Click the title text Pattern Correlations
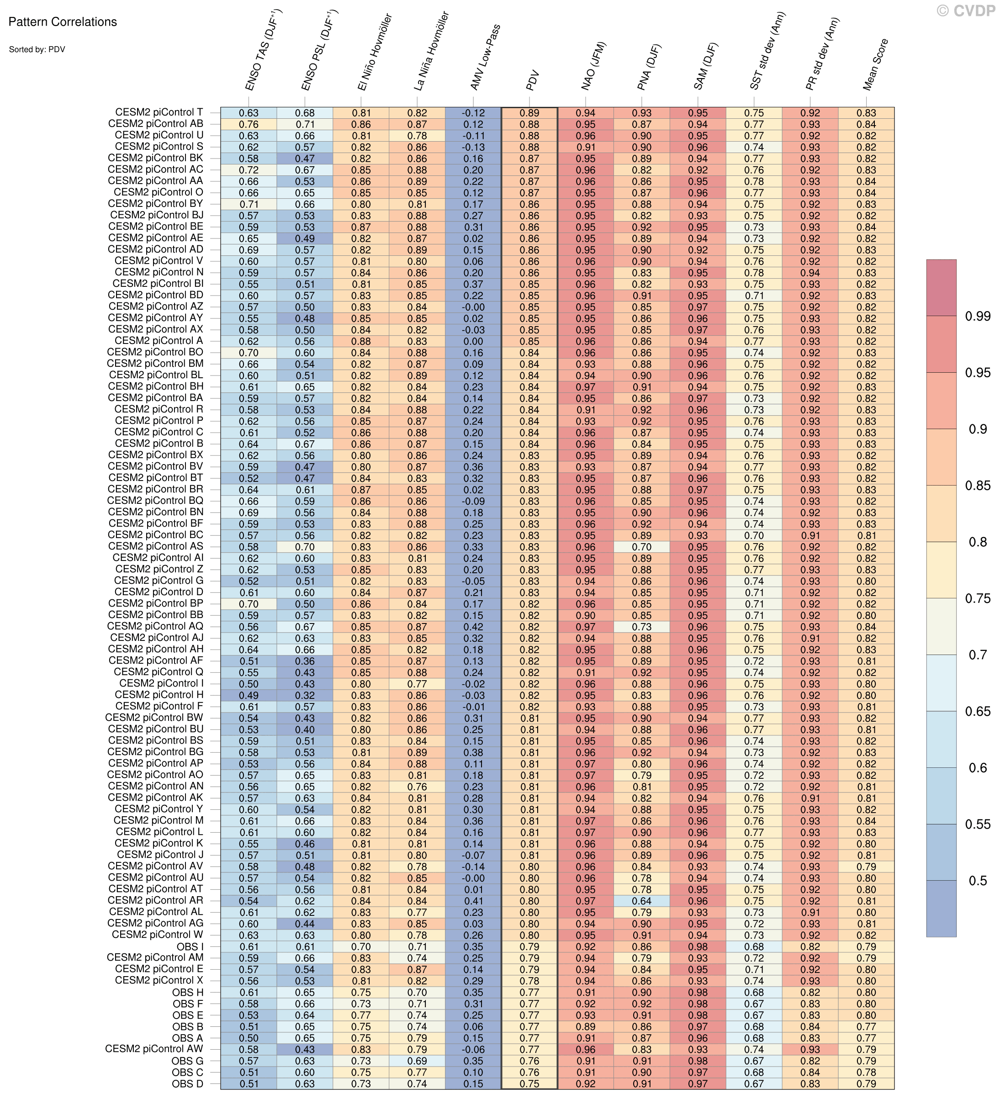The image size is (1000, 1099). click(x=63, y=22)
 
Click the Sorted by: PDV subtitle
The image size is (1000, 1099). click(x=37, y=50)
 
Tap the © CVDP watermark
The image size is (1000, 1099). click(x=966, y=11)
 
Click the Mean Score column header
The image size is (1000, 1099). click(x=876, y=64)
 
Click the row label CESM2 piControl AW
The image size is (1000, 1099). click(x=154, y=1049)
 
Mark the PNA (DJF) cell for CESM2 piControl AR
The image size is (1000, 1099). click(x=642, y=901)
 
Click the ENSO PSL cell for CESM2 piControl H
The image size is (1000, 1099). click(x=305, y=695)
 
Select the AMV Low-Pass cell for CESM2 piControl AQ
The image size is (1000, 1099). click(x=473, y=627)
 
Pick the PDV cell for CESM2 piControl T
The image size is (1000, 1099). click(x=529, y=113)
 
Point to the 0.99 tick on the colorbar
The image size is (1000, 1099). click(x=977, y=316)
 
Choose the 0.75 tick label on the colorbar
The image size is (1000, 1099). click(x=977, y=598)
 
